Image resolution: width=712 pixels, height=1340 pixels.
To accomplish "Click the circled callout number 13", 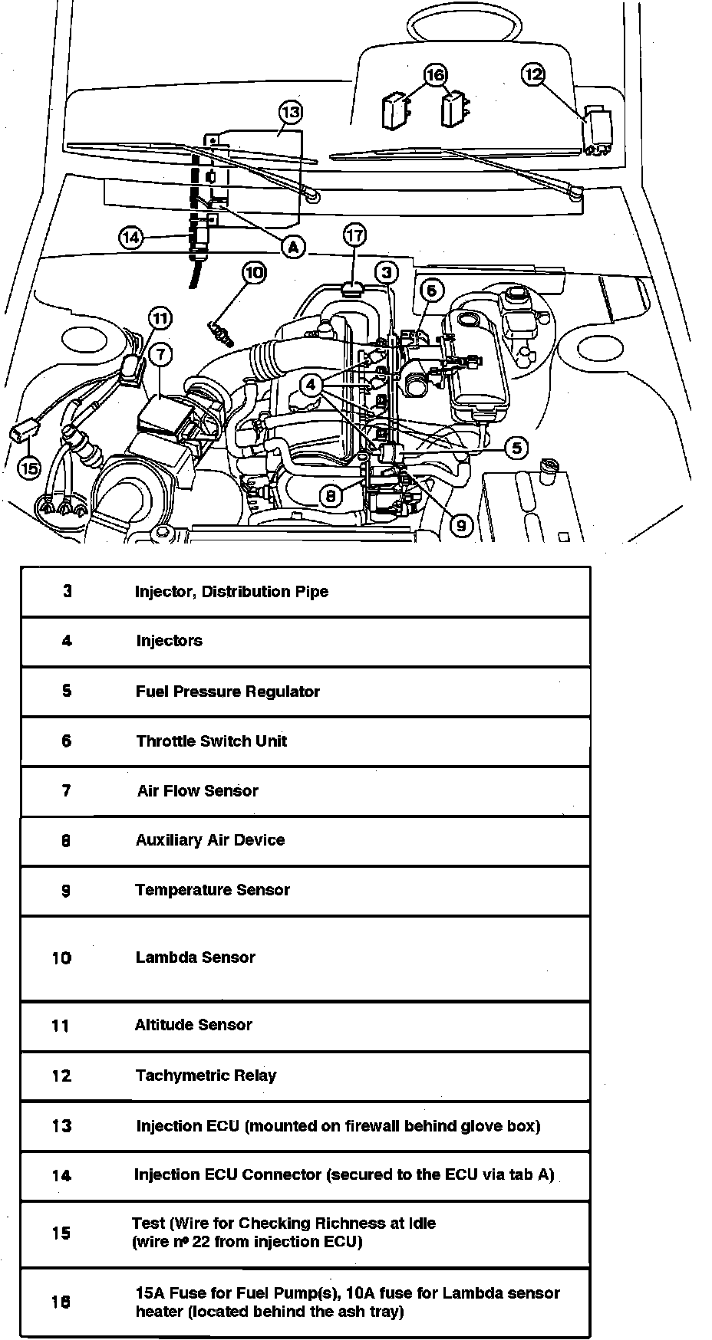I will click(290, 113).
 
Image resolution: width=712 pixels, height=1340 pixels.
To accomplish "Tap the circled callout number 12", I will click(533, 74).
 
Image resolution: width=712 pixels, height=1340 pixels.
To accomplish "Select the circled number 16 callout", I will click(435, 74).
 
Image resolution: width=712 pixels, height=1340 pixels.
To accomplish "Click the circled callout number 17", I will click(354, 235).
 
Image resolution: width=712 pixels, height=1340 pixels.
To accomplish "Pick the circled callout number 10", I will click(255, 272).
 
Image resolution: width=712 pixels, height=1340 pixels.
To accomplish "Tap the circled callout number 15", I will click(28, 467).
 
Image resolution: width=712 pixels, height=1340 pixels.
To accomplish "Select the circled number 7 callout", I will click(160, 354).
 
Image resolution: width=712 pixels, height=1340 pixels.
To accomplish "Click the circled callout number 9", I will click(461, 525).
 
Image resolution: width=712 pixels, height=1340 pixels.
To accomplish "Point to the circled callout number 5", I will click(517, 448).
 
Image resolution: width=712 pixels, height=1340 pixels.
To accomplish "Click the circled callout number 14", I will click(131, 238).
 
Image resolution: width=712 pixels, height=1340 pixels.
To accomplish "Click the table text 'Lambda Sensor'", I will click(195, 957).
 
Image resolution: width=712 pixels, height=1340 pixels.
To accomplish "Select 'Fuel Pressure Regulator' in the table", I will click(227, 691).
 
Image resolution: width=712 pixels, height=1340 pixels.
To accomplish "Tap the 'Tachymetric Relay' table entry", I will click(206, 1076).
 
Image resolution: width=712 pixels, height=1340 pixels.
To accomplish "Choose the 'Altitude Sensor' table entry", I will click(193, 1025).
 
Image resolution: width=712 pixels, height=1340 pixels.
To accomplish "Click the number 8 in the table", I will click(66, 841).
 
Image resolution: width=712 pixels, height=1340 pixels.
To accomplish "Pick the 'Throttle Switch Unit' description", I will click(211, 741).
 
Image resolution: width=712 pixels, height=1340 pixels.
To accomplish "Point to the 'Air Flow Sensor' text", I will click(197, 791).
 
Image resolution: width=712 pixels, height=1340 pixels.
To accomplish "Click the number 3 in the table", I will click(68, 592).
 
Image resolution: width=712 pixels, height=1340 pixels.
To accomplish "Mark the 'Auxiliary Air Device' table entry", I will click(209, 840).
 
